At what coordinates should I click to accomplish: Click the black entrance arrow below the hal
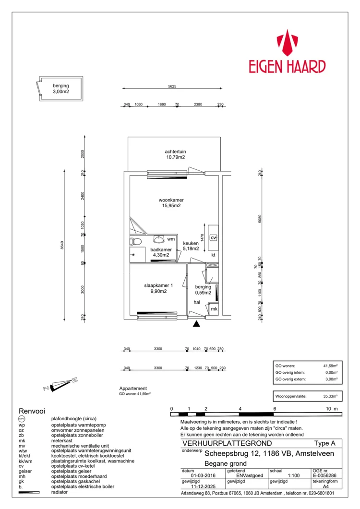(196, 324)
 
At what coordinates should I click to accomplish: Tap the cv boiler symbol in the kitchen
(214, 237)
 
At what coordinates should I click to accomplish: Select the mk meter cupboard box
(214, 309)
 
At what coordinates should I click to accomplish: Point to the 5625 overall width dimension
(172, 86)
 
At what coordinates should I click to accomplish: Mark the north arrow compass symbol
(60, 383)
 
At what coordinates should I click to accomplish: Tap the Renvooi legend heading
(31, 411)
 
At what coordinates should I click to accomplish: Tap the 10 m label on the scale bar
(331, 409)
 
